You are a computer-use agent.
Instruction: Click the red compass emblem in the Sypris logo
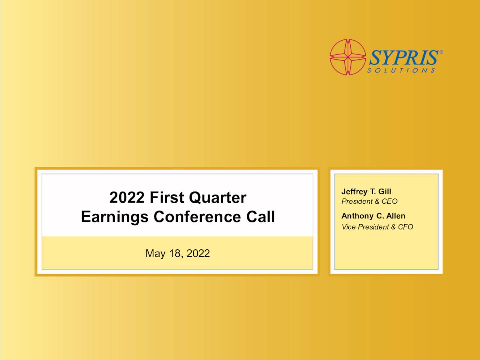[x=348, y=57]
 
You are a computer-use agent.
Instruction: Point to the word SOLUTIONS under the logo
[x=401, y=70]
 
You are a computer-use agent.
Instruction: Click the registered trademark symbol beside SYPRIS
[x=441, y=52]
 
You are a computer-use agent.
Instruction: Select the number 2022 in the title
[x=127, y=198]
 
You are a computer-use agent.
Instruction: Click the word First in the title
[x=167, y=198]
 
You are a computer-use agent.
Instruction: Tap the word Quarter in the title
[x=217, y=198]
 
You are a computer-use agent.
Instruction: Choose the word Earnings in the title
[x=115, y=217]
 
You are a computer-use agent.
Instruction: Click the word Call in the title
[x=261, y=217]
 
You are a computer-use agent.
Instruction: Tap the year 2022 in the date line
[x=198, y=253]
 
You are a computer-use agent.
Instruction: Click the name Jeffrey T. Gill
[x=366, y=192]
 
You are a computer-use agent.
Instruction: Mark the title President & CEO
[x=369, y=201]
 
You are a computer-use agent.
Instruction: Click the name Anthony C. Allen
[x=373, y=216]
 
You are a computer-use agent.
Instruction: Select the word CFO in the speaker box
[x=405, y=227]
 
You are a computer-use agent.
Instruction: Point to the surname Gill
[x=384, y=192]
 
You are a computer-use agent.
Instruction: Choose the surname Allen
[x=396, y=216]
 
